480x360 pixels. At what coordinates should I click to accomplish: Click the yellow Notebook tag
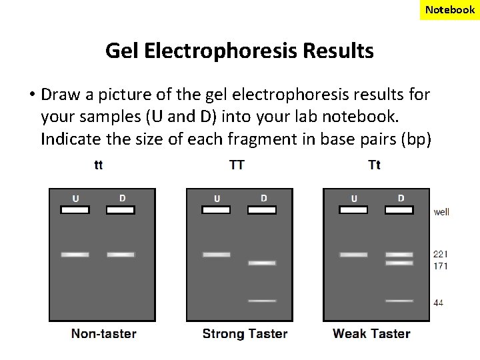pos(450,9)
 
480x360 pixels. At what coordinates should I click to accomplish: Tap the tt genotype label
pos(99,165)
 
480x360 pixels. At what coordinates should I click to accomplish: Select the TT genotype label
pos(237,165)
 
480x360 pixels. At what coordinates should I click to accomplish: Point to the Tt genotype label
pos(374,165)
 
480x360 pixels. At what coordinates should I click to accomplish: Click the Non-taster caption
pos(104,333)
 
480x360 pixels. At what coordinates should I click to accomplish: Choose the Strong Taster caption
pos(245,333)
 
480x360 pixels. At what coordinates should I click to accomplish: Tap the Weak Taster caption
pos(371,333)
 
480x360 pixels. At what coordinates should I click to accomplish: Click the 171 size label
pos(440,266)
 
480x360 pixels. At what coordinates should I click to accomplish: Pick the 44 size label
pos(438,303)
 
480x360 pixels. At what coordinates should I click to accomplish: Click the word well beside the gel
pos(441,213)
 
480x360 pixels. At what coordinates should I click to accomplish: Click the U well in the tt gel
pos(75,209)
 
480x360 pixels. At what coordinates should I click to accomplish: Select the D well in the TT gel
pos(262,209)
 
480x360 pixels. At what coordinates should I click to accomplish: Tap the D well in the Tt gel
pos(399,209)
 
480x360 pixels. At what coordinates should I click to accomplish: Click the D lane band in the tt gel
pos(121,254)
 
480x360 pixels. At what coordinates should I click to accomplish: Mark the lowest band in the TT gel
pos(262,301)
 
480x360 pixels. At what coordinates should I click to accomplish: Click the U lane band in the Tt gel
pos(353,254)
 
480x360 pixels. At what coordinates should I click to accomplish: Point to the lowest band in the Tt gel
pos(399,301)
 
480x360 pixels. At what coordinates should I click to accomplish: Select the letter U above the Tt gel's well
pos(354,198)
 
